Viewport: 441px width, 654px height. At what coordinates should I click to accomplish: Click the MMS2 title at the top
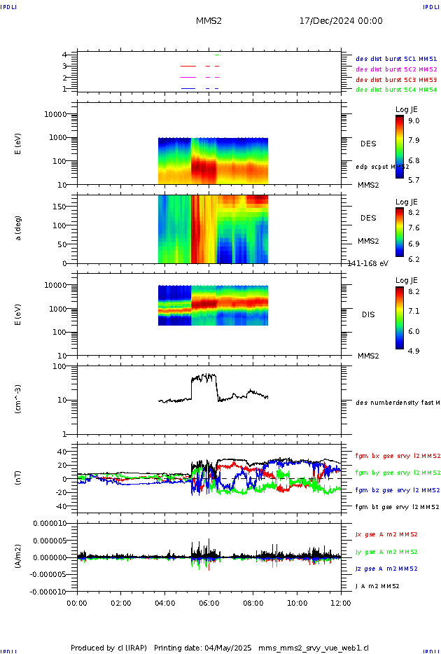pos(209,21)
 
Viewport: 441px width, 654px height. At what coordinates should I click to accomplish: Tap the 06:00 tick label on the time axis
pos(209,601)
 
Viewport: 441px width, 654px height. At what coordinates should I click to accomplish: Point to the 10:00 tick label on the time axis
pos(297,601)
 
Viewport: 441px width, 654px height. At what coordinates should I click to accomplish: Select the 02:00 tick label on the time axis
pos(120,601)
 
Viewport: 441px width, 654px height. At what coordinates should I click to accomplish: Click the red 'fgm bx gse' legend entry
pos(396,456)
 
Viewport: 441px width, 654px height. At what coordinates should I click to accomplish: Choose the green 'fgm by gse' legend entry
pos(396,473)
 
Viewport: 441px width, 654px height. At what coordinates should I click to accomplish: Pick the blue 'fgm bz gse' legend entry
pos(396,490)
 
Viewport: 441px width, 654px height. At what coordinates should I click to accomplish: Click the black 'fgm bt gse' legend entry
pos(396,506)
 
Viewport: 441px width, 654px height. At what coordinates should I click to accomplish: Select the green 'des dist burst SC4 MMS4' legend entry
pos(396,90)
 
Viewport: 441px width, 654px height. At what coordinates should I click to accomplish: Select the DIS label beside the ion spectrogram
pos(367,315)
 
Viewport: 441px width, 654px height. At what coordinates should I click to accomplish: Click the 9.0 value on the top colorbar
pos(414,120)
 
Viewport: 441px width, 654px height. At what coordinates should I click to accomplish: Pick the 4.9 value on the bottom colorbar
pos(414,351)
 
